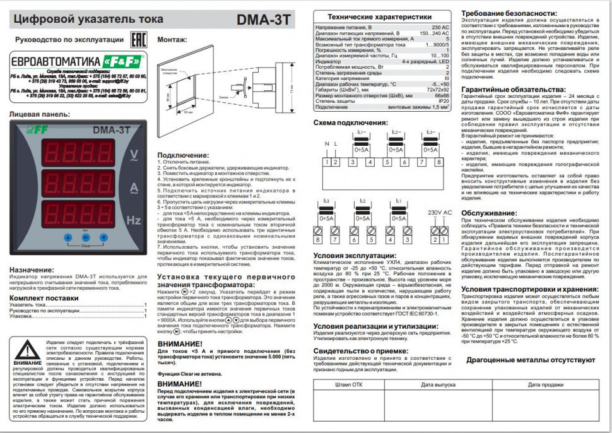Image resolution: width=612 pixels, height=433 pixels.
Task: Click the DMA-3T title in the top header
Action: coord(264,19)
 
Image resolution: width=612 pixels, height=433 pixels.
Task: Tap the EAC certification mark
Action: coord(135,40)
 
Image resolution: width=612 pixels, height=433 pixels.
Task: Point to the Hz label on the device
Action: coord(134,220)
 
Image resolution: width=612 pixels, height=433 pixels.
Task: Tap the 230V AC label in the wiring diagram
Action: coord(440,212)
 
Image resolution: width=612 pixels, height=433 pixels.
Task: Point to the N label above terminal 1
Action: coord(326,144)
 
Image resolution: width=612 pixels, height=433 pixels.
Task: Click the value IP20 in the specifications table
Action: coord(443,101)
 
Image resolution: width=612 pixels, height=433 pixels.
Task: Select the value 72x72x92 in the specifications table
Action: coord(436,90)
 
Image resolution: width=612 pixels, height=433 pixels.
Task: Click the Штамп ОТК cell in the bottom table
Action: coord(349,384)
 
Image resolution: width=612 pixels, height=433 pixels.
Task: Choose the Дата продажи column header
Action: coord(546,384)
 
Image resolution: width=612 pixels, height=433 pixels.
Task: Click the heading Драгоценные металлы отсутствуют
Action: coord(532,360)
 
